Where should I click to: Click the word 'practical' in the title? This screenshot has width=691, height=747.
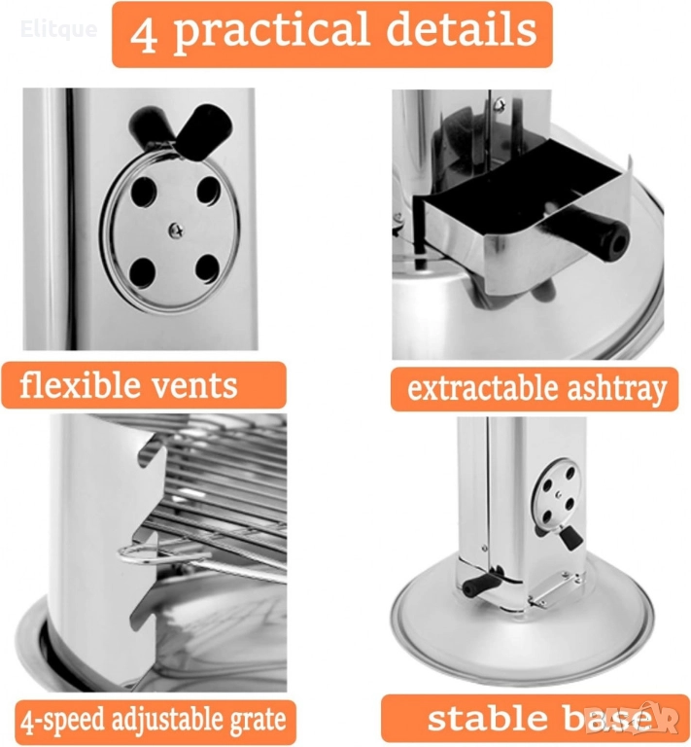point(270,31)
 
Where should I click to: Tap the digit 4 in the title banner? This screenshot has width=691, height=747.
point(143,34)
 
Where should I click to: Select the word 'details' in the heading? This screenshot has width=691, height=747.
point(461,28)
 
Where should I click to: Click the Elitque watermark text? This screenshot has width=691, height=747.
point(59,29)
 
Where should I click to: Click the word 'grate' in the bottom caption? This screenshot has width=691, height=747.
point(258,722)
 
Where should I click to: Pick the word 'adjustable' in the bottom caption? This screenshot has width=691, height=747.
point(165,720)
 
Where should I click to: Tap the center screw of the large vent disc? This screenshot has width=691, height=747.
point(176,231)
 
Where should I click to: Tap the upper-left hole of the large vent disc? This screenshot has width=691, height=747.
point(144,191)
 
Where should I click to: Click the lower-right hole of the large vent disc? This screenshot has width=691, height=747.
point(207,268)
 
